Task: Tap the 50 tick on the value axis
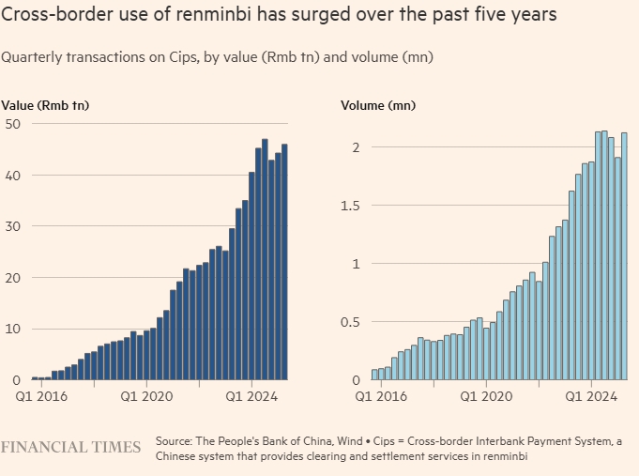coord(12,124)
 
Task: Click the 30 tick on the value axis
coord(12,226)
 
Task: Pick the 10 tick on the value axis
coord(12,329)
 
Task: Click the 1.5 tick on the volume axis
coord(350,206)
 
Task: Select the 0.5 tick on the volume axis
coord(350,322)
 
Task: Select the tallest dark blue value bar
coord(265,259)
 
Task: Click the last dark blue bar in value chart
coord(285,262)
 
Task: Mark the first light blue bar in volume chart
coord(374,375)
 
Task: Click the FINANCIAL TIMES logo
coord(71,447)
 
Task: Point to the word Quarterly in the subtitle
coord(32,57)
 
